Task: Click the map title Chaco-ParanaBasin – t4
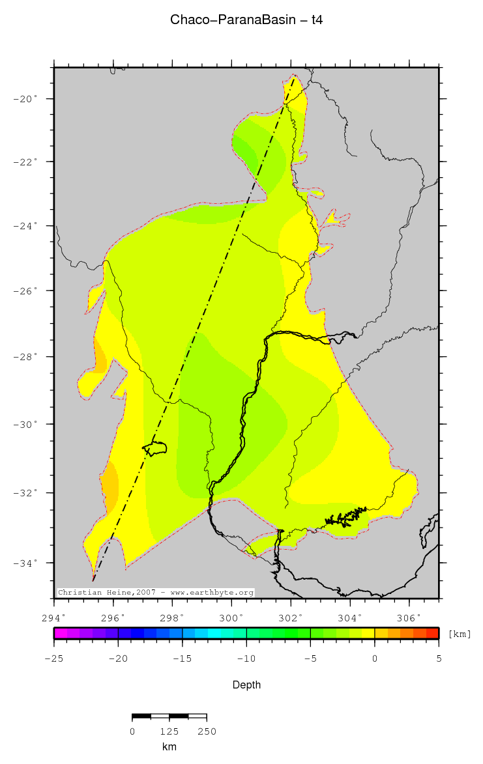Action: (246, 20)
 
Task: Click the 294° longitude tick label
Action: (53, 617)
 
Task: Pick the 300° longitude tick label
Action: (231, 617)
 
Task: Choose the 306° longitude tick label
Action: (409, 617)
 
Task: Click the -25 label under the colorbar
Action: (53, 658)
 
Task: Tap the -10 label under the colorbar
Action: (246, 658)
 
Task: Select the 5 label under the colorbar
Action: (439, 658)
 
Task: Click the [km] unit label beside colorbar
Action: (460, 634)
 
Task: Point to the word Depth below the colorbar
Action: (246, 685)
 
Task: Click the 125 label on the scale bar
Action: (169, 731)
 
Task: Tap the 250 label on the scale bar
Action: (206, 731)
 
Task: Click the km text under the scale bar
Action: (169, 746)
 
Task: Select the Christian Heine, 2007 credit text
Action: (156, 593)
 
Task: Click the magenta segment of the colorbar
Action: (60, 632)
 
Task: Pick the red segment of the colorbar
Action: (432, 632)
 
